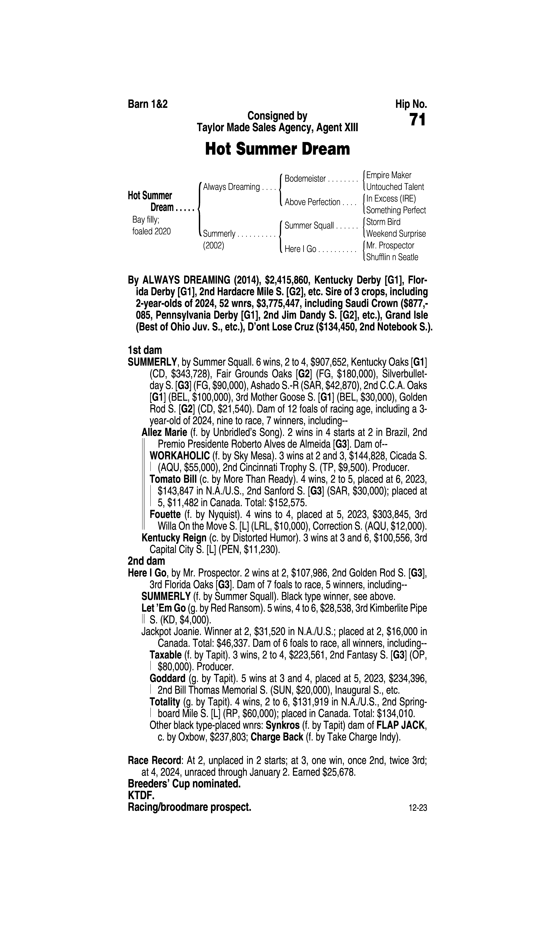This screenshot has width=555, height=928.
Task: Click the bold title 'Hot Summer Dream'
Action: tap(277, 149)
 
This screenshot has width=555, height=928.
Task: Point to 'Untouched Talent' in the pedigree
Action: tap(395, 187)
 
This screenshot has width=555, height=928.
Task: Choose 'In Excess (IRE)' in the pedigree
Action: tap(391, 199)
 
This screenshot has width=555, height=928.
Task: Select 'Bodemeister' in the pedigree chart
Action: tap(305, 179)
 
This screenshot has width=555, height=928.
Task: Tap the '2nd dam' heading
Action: tap(146, 561)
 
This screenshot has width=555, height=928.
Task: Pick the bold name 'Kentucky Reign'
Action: tap(174, 538)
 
